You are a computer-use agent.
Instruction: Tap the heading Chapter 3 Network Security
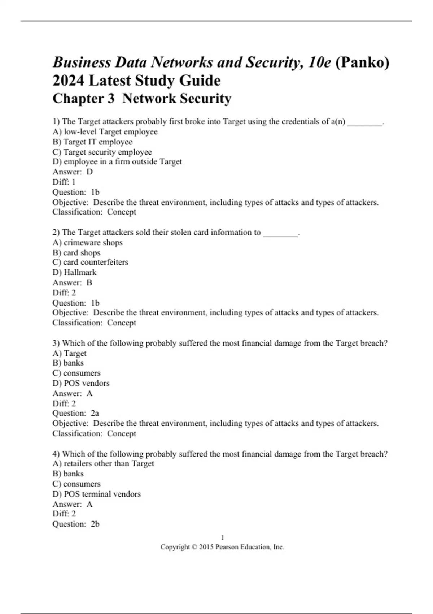[x=142, y=98]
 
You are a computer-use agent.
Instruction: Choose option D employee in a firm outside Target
[x=117, y=161]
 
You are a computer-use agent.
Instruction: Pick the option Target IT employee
[x=92, y=142]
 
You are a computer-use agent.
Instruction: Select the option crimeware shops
[x=87, y=242]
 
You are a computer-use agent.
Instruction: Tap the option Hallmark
[x=74, y=272]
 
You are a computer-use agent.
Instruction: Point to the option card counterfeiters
[x=90, y=262]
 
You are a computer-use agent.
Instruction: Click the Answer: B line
[x=72, y=282]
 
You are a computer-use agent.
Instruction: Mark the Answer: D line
[x=73, y=172]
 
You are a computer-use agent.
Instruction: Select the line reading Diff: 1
[x=64, y=182]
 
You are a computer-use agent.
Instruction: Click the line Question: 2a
[x=76, y=413]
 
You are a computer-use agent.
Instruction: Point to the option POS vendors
[x=81, y=383]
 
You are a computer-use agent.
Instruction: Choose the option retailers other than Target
[x=103, y=463]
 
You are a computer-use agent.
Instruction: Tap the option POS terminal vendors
[x=97, y=494]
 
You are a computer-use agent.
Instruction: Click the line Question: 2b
[x=76, y=524]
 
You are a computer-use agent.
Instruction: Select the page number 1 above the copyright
[x=222, y=537]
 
